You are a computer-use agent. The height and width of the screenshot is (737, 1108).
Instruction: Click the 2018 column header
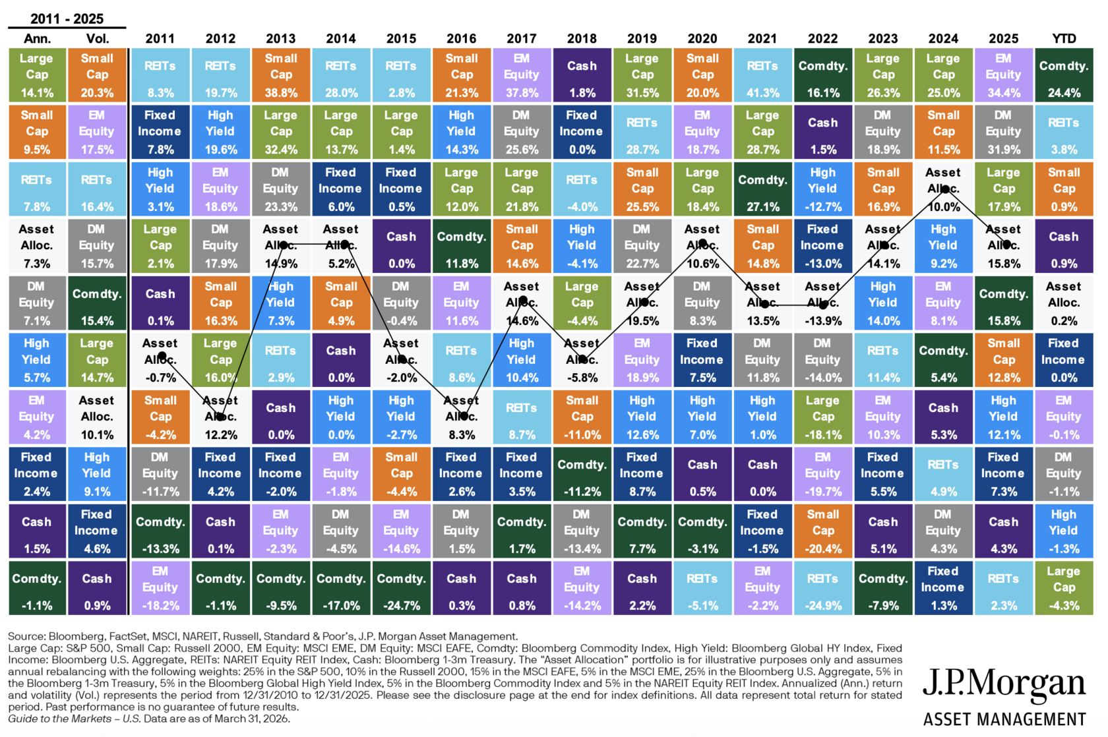(x=582, y=38)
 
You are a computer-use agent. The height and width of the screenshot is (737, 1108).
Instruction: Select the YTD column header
(x=1064, y=38)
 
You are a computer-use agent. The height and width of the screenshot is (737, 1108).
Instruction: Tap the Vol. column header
(x=98, y=38)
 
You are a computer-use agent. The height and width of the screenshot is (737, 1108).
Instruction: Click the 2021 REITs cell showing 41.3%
(x=762, y=75)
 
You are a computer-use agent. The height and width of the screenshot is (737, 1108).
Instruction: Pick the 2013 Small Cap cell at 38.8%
(x=281, y=75)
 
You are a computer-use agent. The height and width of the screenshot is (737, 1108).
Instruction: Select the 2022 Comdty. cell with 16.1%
(x=823, y=75)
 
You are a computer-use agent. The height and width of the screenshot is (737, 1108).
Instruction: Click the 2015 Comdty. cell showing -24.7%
(x=401, y=588)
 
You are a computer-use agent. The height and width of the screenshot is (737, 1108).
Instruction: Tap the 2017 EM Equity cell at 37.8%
(x=522, y=75)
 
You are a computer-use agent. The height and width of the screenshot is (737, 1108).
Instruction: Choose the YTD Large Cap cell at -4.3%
(x=1064, y=588)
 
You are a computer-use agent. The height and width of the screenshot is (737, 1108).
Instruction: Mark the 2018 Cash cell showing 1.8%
(x=582, y=75)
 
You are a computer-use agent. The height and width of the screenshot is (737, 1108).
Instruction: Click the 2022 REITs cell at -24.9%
(x=823, y=588)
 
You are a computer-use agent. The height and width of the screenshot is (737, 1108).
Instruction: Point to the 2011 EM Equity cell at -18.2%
(x=160, y=588)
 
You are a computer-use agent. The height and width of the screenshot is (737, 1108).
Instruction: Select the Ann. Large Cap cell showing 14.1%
(x=37, y=75)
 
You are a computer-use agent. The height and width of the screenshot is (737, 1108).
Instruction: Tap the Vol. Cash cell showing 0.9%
(x=97, y=588)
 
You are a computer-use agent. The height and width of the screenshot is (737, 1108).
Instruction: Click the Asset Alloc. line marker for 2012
(x=220, y=417)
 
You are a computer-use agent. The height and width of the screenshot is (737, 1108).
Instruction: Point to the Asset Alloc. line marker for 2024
(x=944, y=189)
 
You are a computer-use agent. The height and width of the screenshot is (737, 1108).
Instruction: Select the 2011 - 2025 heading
(x=67, y=18)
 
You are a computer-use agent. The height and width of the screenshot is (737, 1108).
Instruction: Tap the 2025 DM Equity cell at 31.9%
(x=1004, y=133)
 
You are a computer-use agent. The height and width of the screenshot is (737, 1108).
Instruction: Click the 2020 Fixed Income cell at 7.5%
(x=702, y=360)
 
